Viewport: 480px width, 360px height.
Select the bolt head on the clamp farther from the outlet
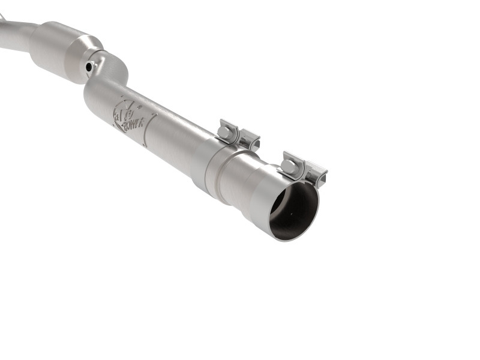click(x=223, y=130)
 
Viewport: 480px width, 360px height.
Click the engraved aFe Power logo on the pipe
click(x=128, y=114)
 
